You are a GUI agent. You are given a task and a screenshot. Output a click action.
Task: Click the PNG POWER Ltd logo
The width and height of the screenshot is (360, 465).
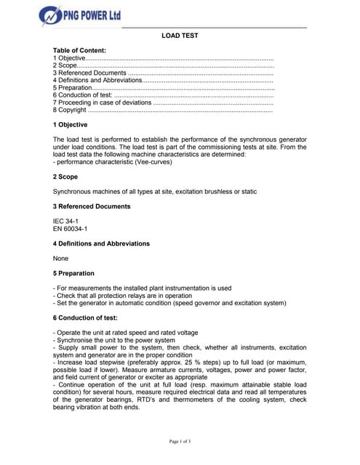[80, 15]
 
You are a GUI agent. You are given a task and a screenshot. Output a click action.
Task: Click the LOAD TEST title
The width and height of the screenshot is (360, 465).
[179, 36]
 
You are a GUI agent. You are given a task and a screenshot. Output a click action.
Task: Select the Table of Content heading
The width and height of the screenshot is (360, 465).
[79, 49]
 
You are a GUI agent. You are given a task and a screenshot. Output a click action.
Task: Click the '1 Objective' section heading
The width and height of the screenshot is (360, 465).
[70, 125]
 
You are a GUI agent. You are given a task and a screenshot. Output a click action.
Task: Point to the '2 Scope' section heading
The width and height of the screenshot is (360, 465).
[65, 177]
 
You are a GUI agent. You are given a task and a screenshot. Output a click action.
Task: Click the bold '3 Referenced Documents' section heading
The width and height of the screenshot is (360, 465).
[92, 206]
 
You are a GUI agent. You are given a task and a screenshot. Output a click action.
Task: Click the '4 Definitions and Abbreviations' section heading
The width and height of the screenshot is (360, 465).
[101, 243]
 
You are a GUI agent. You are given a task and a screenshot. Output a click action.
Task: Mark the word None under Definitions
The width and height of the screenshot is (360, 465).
[61, 259]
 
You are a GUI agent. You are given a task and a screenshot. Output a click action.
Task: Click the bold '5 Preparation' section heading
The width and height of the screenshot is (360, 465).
[73, 273]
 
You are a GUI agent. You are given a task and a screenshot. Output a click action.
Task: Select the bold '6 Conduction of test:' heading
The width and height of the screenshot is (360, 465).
[84, 318]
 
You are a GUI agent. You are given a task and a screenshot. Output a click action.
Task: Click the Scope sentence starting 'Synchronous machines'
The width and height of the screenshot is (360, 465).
[154, 192]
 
